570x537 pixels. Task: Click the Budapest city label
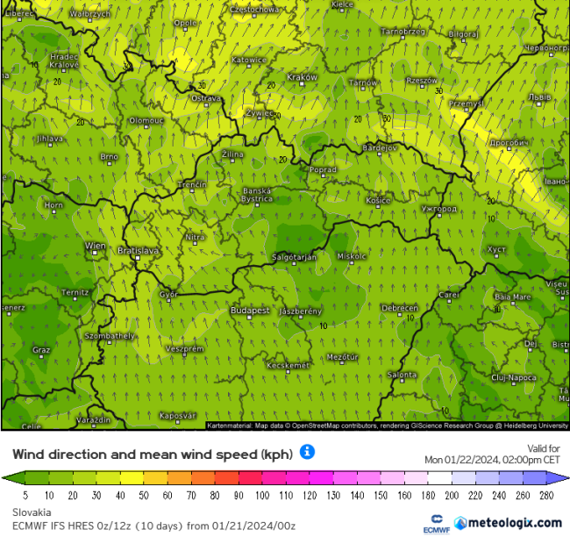coord(249,311)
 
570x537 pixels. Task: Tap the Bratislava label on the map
coord(139,250)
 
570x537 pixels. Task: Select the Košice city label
coord(378,200)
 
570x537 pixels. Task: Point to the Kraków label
coord(302,77)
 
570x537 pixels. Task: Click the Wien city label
coord(94,246)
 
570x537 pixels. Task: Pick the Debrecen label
coord(399,308)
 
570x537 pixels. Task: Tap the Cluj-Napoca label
coord(513,377)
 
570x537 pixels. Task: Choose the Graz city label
coord(40,349)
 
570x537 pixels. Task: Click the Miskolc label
coord(352,255)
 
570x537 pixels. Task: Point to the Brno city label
coord(109,156)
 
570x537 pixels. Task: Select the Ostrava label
coord(206,98)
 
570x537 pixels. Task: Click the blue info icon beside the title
coord(307,452)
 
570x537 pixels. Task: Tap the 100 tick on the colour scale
coord(262,494)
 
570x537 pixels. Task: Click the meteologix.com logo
coord(509,522)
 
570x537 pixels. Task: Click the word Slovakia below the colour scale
coord(32,511)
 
